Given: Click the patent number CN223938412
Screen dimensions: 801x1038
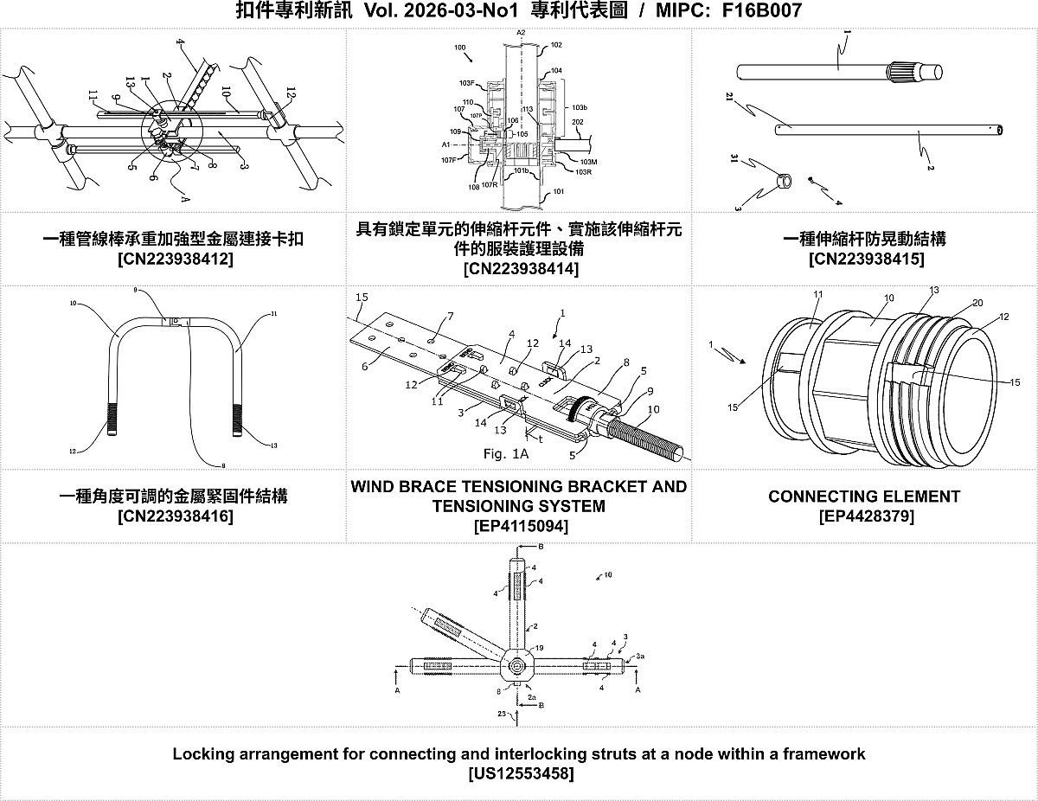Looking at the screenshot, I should click(174, 259).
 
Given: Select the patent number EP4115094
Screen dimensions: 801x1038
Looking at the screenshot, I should click(520, 526).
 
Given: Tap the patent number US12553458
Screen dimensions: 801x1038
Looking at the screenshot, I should click(519, 773).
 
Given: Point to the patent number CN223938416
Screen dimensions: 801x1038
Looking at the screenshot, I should click(174, 516).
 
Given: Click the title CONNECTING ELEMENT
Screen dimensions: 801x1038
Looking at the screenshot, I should click(864, 497).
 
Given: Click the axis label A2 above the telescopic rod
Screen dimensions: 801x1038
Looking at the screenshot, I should click(521, 32).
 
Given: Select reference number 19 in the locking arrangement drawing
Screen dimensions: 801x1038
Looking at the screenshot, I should click(539, 647).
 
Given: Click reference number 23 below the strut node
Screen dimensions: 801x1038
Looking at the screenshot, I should click(501, 714).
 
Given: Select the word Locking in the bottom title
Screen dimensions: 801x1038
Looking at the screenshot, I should click(202, 753).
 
